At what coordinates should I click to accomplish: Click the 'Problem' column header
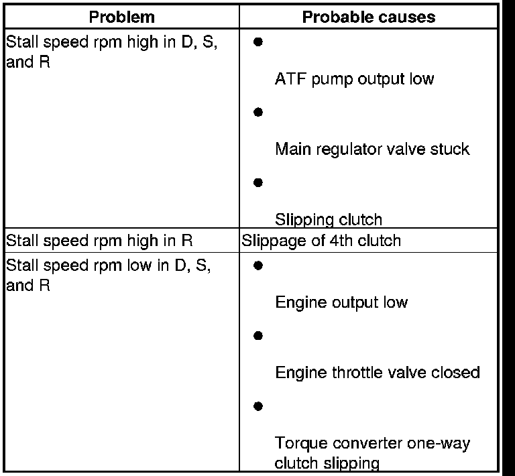122,17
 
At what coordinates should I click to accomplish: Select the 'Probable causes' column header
369,17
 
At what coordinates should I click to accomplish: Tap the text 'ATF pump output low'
354,79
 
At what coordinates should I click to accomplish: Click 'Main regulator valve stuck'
372,149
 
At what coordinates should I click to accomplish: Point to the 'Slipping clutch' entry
329,219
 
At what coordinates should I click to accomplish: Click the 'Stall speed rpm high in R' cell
99,240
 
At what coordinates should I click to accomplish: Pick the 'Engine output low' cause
341,302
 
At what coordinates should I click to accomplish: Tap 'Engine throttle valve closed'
378,372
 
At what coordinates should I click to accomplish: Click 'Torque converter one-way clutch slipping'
372,453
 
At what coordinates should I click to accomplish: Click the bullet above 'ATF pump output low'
258,42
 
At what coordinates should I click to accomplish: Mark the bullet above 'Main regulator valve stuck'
258,112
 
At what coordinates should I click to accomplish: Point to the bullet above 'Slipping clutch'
258,182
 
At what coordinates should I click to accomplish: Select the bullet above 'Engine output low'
258,265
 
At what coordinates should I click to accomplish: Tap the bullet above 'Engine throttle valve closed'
258,335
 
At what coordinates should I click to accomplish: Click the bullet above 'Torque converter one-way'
258,406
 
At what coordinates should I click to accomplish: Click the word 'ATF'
288,79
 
